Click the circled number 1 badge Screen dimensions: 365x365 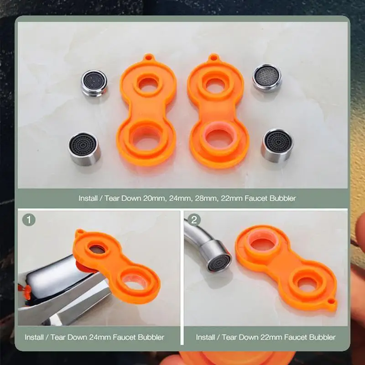(x=29, y=220)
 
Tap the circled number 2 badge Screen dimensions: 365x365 (x=194, y=220)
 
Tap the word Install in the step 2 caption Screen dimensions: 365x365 (x=208, y=338)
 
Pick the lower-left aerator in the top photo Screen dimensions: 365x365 (x=84, y=149)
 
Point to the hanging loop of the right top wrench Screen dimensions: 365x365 (x=213, y=58)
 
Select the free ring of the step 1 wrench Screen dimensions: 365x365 (x=136, y=283)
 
